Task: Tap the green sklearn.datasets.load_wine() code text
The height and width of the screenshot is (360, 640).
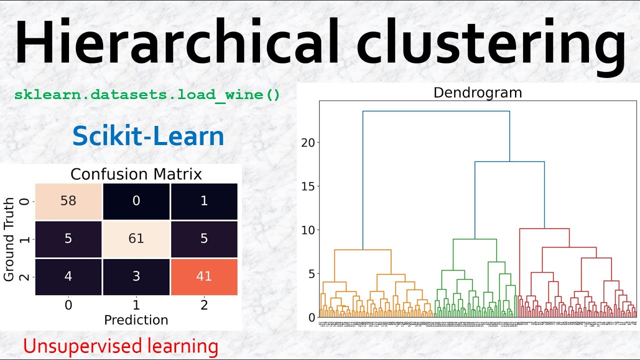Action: (147, 94)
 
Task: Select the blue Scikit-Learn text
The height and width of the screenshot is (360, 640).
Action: (148, 136)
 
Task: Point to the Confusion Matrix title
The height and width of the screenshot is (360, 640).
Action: (136, 174)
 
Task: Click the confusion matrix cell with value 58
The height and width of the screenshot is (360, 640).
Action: (68, 201)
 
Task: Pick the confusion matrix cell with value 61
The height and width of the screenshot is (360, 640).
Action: (136, 239)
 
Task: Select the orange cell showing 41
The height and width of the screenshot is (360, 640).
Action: (204, 276)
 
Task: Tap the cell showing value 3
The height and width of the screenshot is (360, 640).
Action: (136, 276)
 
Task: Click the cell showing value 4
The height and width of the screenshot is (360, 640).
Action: (68, 276)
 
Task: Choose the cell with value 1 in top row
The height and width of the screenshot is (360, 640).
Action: (204, 201)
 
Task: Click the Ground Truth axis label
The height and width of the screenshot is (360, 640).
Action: (8, 239)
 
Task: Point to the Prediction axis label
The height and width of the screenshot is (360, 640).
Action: (136, 320)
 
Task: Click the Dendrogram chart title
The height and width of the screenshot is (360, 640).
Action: (477, 92)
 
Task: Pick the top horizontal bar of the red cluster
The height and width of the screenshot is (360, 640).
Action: (544, 228)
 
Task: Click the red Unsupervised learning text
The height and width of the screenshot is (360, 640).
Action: (120, 346)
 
